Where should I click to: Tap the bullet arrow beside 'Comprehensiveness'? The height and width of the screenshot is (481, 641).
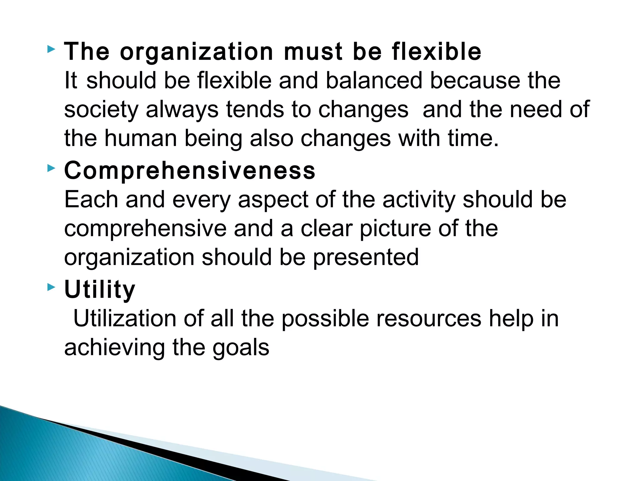coord(51,169)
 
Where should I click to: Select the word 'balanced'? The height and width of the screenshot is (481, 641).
coord(374,80)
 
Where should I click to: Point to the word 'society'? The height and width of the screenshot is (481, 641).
coord(101,110)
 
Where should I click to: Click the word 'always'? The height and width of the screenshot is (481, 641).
coord(182,110)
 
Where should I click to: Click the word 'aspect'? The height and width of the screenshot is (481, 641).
coord(273,200)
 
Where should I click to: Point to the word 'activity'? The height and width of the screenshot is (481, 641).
coord(419,200)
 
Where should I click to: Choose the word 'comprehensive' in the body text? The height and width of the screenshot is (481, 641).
coord(145,229)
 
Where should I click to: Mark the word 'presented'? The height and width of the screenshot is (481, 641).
coord(366,258)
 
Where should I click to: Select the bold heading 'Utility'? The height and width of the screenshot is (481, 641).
coord(100,290)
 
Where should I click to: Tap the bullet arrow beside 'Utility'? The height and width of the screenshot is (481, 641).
coord(51,287)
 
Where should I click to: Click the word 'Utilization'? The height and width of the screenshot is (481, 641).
coord(125,319)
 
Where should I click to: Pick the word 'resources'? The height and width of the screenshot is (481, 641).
coord(428,319)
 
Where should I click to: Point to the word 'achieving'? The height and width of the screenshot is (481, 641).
coord(114,348)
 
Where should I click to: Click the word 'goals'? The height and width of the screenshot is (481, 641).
coord(241,348)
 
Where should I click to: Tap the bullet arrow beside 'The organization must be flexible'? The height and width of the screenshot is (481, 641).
coord(51,49)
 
